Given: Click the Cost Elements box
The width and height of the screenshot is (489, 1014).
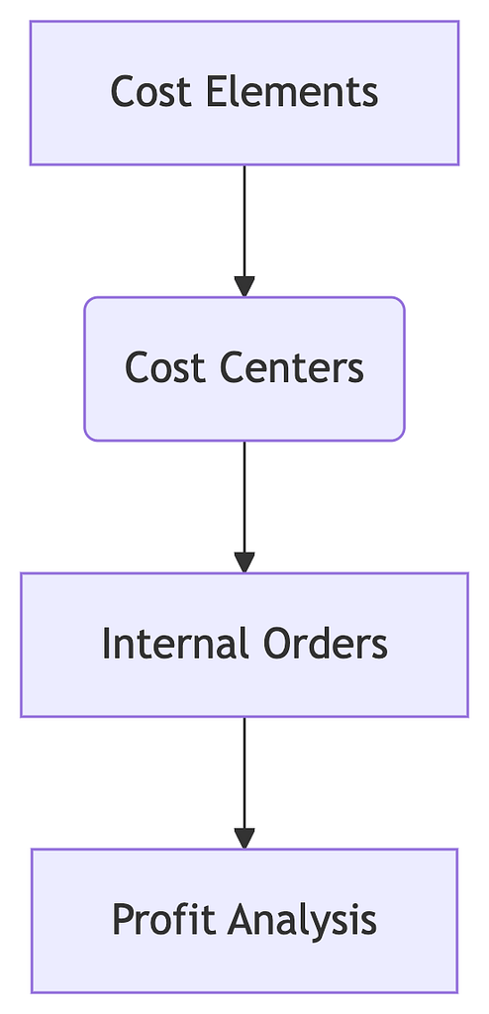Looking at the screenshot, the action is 244,93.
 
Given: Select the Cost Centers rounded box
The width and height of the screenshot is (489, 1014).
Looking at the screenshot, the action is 244,369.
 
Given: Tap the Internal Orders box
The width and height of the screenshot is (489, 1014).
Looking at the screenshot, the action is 244,645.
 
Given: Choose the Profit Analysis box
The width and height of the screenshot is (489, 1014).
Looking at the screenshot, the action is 244,921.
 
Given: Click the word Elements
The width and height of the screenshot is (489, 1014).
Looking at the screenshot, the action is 292,92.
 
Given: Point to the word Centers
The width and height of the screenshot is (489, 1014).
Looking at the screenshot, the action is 292,368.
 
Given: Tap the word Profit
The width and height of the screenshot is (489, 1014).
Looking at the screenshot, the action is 163,920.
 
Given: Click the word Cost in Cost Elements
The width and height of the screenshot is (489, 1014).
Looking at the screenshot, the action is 151,92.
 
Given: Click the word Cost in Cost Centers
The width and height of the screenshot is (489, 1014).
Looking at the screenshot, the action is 165,368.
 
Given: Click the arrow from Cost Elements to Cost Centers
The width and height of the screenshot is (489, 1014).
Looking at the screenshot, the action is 244,231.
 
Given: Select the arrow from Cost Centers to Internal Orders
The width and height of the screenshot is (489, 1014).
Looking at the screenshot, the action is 244,507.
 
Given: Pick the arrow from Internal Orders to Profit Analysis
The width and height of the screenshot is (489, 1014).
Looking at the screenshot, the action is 244,783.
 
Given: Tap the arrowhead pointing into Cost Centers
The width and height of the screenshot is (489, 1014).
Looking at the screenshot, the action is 244,286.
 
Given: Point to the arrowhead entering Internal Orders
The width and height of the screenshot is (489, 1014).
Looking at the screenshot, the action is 244,562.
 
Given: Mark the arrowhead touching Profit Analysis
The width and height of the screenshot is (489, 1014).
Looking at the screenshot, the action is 244,839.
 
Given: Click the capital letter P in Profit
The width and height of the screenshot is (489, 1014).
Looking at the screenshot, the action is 124,920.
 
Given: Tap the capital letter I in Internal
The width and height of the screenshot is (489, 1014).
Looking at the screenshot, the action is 106,644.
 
